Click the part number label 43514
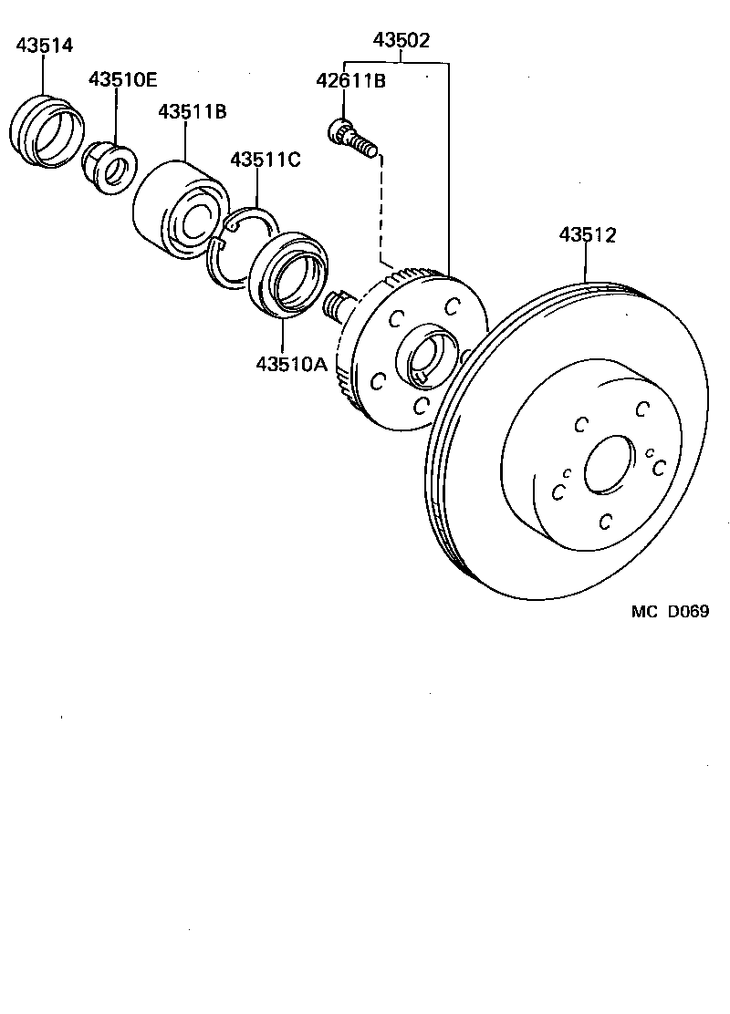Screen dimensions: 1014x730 pyautogui.click(x=45, y=46)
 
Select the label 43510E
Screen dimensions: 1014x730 pyautogui.click(x=122, y=79)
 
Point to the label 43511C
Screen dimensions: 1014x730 pyautogui.click(x=265, y=160)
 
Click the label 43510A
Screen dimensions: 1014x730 pyautogui.click(x=290, y=363)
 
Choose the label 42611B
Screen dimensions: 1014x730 pyautogui.click(x=350, y=82)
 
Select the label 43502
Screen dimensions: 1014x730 pyautogui.click(x=401, y=40)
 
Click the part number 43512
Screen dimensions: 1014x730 pyautogui.click(x=588, y=235)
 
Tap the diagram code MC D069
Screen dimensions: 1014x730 pyautogui.click(x=669, y=612)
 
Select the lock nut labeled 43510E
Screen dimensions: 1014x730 pyautogui.click(x=107, y=168)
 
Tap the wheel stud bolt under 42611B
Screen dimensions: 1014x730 pyautogui.click(x=352, y=138)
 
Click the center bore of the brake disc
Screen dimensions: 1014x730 pyautogui.click(x=607, y=467)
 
